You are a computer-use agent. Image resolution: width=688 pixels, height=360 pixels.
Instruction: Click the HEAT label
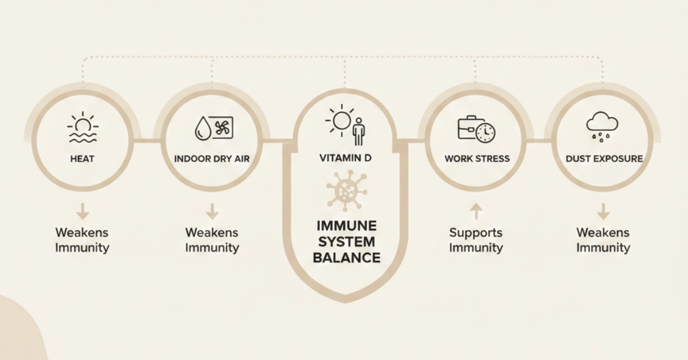click(83, 159)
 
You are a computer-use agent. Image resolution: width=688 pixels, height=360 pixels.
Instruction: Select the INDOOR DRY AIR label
click(212, 159)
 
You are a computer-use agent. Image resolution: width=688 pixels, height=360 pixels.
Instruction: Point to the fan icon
click(223, 128)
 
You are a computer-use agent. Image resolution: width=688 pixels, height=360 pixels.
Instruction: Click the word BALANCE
click(346, 257)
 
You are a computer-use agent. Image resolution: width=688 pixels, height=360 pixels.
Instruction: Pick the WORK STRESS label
click(477, 159)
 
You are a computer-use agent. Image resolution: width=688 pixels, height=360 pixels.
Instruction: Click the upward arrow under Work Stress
click(475, 213)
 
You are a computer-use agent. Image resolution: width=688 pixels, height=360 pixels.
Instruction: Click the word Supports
click(476, 233)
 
